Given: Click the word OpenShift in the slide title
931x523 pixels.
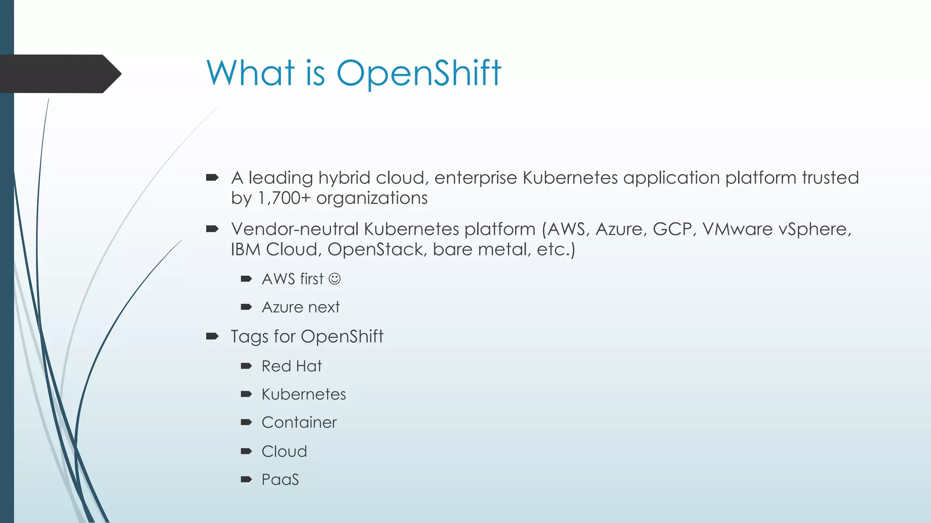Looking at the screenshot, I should click(x=418, y=74).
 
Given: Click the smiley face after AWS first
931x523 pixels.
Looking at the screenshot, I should click(x=335, y=279).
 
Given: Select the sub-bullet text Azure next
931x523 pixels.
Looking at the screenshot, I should click(x=300, y=307).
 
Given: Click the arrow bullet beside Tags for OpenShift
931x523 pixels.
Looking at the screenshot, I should click(x=212, y=336).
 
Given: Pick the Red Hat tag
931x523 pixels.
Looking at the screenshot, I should click(x=291, y=366).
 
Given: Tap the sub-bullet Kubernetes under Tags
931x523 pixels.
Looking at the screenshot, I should click(x=304, y=395).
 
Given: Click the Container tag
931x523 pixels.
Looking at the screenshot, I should click(x=299, y=423).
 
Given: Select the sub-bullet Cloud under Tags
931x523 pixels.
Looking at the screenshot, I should click(x=284, y=452).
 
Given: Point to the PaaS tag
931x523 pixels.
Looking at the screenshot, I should click(x=280, y=480).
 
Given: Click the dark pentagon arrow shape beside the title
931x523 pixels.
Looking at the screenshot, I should click(x=59, y=74).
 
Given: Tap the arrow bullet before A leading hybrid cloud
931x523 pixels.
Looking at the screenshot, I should click(x=212, y=178).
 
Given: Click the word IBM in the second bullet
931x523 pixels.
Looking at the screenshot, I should click(x=245, y=250).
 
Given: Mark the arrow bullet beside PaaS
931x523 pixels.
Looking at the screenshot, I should click(x=246, y=479).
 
